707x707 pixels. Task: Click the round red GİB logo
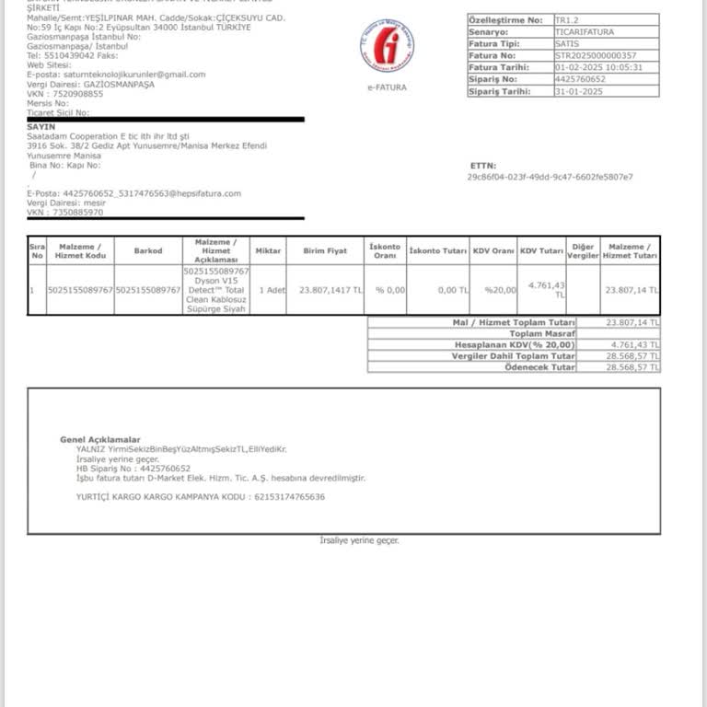[387, 46]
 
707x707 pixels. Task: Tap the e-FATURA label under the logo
[387, 87]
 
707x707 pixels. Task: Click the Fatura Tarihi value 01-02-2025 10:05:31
[598, 67]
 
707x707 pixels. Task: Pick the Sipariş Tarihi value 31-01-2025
[579, 91]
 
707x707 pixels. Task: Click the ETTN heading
[482, 166]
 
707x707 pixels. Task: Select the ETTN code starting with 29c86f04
[550, 177]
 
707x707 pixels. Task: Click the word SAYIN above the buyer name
[41, 126]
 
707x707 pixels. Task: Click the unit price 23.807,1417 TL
[330, 290]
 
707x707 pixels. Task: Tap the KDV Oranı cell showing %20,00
[501, 290]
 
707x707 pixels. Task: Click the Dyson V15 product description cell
[216, 290]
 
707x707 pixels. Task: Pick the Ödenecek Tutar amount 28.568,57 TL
[632, 367]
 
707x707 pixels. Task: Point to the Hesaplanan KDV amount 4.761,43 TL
[632, 345]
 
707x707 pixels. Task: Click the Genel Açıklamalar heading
[100, 440]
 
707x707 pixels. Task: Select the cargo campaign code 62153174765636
[289, 497]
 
